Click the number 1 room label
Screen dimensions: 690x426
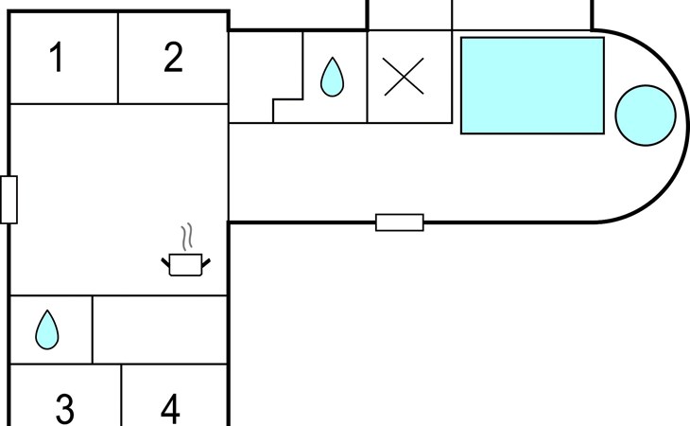coord(57,57)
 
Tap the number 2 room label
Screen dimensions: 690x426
coord(173,57)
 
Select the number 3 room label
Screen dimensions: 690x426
coord(65,409)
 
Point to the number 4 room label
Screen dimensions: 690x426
coord(170,409)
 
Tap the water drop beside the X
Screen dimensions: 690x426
coord(332,77)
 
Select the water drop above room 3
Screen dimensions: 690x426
coord(47,330)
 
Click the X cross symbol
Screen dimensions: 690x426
coord(404,77)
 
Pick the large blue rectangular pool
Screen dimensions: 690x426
coord(532,85)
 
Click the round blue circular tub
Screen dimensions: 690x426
coord(646,115)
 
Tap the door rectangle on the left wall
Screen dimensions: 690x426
coord(9,200)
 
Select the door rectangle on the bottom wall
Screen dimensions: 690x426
coord(400,222)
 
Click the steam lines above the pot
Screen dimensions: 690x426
coord(187,238)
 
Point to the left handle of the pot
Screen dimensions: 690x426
coord(165,263)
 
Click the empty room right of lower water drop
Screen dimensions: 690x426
coord(160,330)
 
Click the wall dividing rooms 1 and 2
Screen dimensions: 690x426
coord(118,58)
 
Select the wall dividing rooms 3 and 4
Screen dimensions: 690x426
coord(121,395)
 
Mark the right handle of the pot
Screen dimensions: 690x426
coord(206,263)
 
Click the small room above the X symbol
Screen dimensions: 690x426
coord(409,15)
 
